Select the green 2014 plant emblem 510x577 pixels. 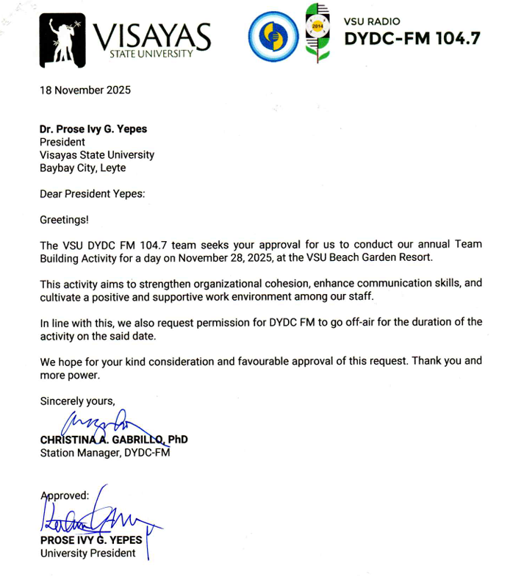tap(317, 33)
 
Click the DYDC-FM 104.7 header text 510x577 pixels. tap(412, 38)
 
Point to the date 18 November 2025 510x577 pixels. tap(85, 91)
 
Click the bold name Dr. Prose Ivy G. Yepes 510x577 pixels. tap(93, 129)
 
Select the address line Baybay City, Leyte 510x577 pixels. tap(82, 168)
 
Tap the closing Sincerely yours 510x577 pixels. tap(77, 401)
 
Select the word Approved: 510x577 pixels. tap(65, 495)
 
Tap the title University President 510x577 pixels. tap(87, 553)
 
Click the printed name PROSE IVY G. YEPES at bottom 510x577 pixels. tap(91, 540)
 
